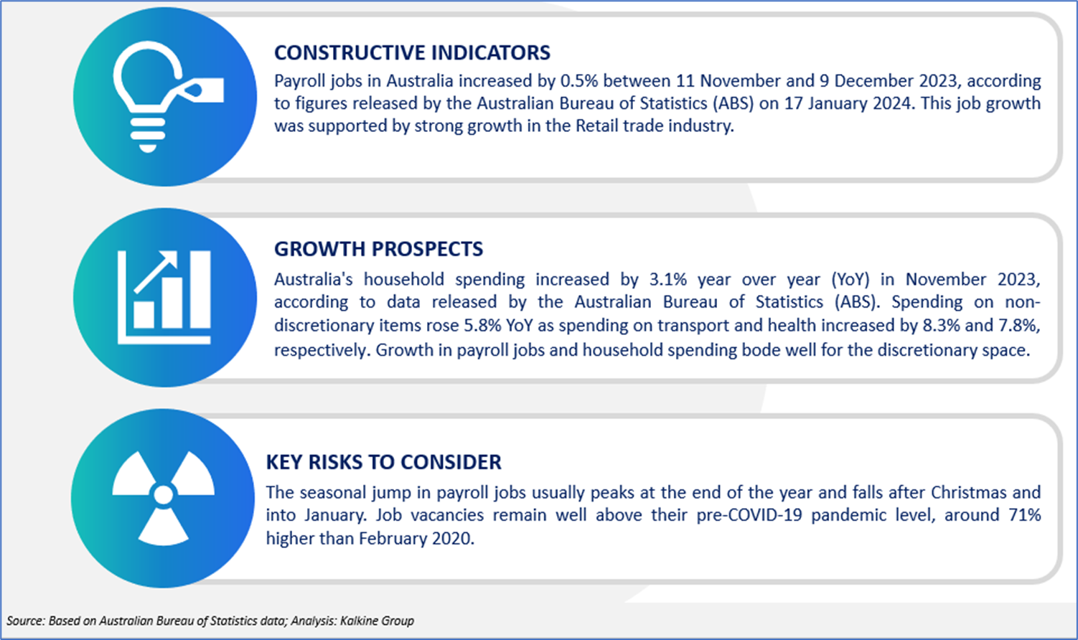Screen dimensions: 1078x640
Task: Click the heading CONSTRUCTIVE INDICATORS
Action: [x=412, y=52]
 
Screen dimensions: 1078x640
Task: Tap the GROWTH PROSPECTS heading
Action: [x=378, y=249]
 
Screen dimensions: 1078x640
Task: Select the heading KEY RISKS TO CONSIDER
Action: [x=383, y=462]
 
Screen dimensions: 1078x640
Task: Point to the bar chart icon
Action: [x=164, y=297]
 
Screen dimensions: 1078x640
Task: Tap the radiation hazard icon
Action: [x=163, y=497]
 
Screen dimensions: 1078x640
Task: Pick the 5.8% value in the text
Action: [x=482, y=325]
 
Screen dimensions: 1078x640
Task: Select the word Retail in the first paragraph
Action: [x=596, y=126]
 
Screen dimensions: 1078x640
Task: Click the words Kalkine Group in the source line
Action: [x=377, y=621]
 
